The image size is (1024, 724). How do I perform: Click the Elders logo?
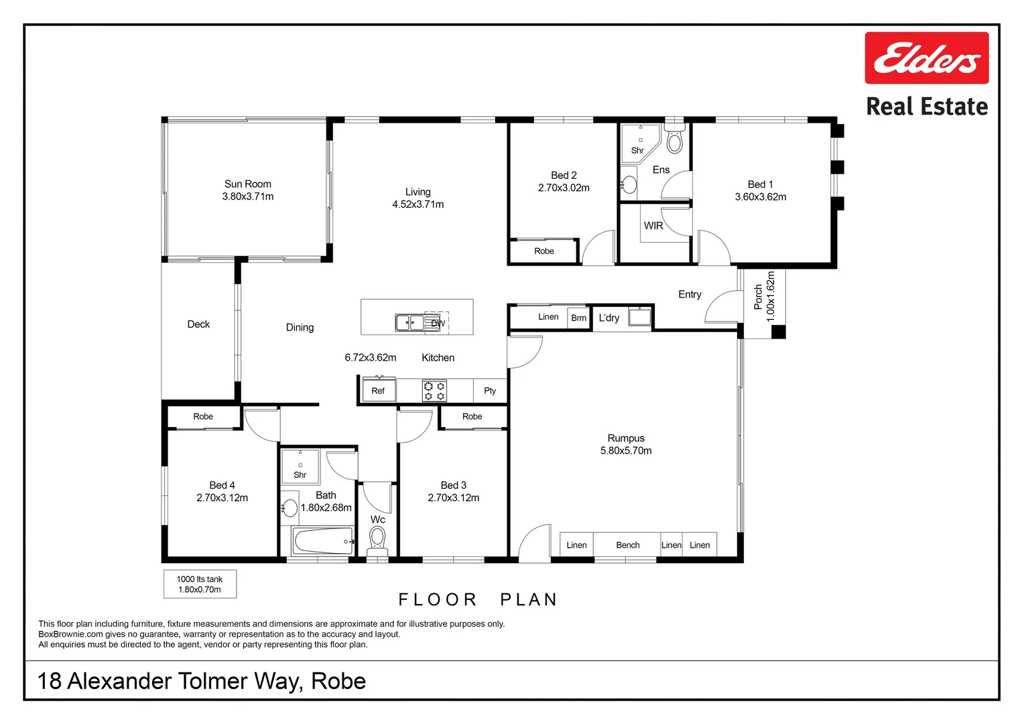tap(926, 58)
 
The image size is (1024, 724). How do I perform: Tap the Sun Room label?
tap(248, 184)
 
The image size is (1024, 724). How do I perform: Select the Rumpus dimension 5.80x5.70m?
tap(626, 450)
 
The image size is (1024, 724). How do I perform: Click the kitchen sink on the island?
tap(409, 323)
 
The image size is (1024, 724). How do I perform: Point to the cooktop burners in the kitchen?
tap(434, 391)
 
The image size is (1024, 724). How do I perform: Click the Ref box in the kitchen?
tap(378, 391)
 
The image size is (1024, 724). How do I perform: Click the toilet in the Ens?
tap(674, 140)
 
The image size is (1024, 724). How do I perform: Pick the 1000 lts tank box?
tap(200, 584)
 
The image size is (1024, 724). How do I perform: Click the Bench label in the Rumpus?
tap(628, 545)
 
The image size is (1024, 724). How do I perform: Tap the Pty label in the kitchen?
tap(490, 391)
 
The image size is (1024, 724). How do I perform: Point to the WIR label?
tap(653, 226)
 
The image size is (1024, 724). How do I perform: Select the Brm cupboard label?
tap(579, 318)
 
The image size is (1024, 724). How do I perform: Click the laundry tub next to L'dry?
tap(639, 316)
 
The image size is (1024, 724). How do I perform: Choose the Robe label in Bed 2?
tap(544, 251)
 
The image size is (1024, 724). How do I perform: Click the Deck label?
tap(198, 324)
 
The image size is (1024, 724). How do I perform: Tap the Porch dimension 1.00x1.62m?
tap(771, 296)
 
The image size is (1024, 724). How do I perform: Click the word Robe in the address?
tap(338, 681)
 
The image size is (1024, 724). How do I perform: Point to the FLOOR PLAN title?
tap(478, 599)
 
